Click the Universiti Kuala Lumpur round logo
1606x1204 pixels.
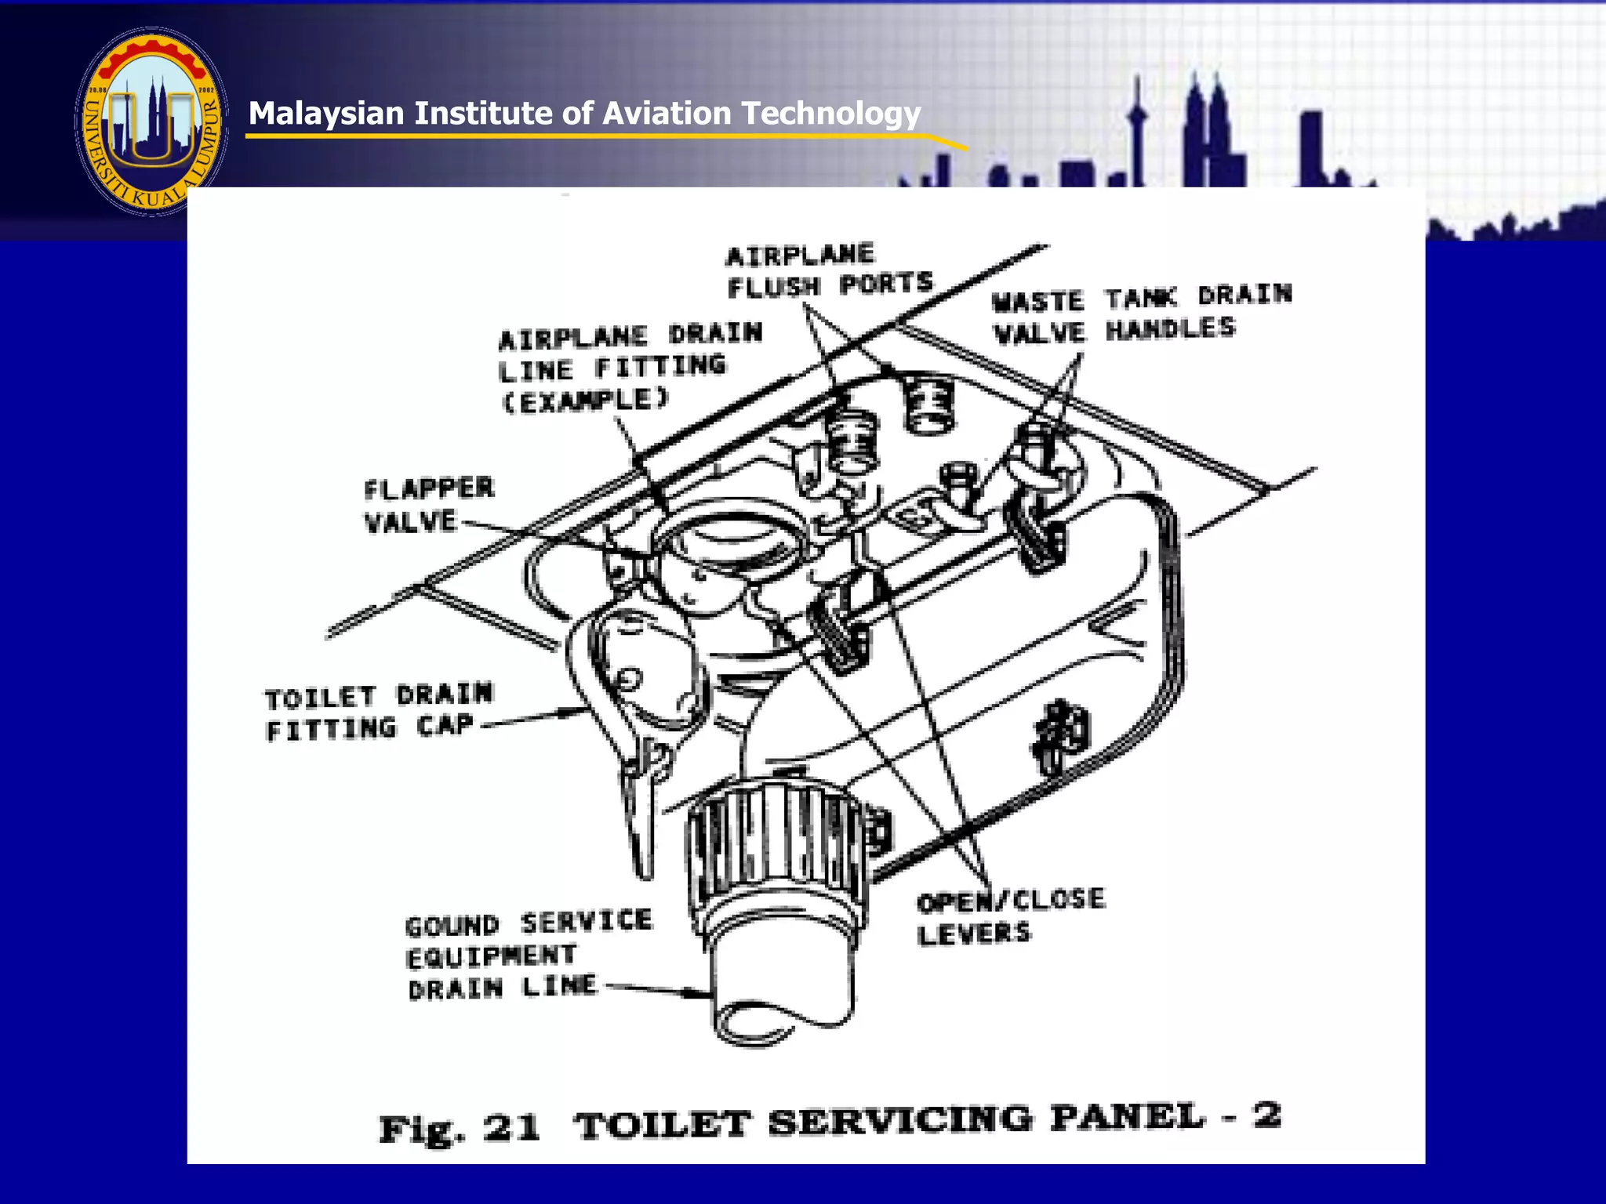[x=151, y=121]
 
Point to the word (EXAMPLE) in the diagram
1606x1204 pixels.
[x=585, y=401]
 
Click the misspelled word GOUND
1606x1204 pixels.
[x=452, y=926]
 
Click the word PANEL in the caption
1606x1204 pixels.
[x=1126, y=1117]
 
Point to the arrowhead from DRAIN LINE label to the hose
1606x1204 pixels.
[x=698, y=993]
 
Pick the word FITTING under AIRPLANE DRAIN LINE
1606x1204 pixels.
[x=660, y=366]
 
